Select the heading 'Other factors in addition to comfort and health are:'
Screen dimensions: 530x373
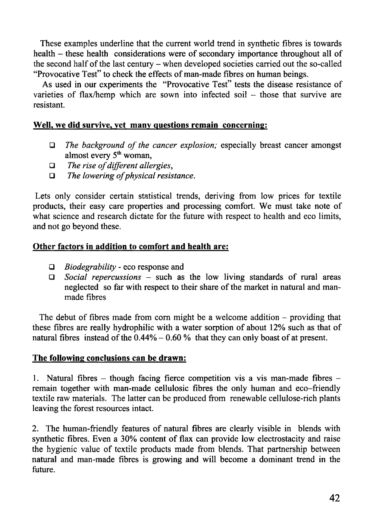pos(131,247)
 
